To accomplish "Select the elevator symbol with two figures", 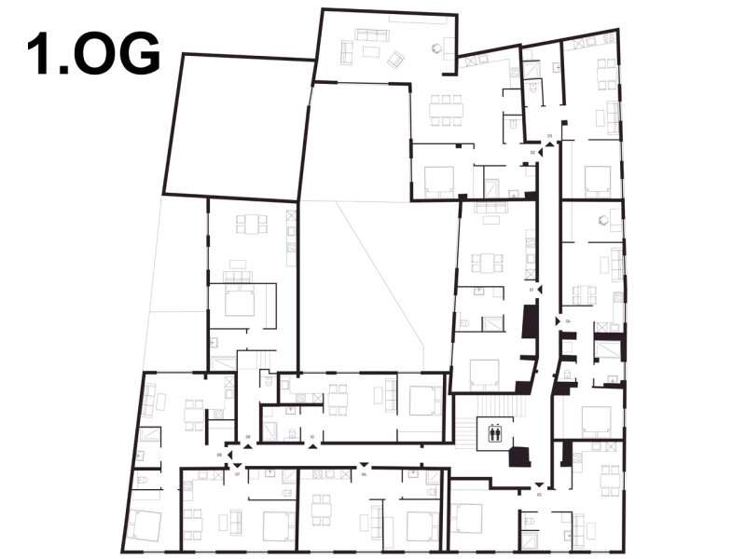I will [494, 431].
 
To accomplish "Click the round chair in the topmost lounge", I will [435, 48].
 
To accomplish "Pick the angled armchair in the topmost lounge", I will [395, 60].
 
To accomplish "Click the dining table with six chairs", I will [446, 109].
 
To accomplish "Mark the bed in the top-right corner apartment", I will [597, 179].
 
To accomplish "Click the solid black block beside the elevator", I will [518, 457].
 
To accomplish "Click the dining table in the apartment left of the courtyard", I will [251, 225].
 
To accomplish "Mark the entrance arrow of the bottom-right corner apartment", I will [539, 484].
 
